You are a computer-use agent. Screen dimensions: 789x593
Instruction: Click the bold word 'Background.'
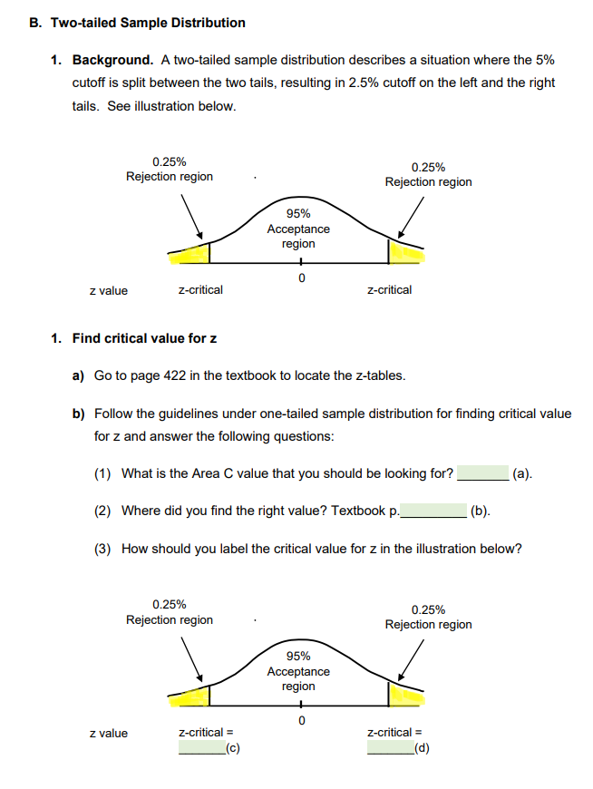tap(112, 60)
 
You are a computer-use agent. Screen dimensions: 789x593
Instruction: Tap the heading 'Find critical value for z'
tap(144, 338)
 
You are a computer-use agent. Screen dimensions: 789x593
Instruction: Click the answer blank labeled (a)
tap(482, 473)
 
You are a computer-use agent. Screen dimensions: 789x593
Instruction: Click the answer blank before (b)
tap(433, 511)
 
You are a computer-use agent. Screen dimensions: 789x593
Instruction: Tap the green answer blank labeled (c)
tap(201, 749)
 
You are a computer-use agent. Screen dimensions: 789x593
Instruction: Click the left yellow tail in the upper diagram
tap(192, 253)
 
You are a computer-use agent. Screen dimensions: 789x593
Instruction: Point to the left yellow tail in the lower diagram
tap(192, 696)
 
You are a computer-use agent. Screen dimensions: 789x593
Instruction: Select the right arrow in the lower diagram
tap(411, 659)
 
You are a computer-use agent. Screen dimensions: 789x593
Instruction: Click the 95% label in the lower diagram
tap(298, 656)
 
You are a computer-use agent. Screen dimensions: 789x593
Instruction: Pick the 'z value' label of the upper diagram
tap(109, 291)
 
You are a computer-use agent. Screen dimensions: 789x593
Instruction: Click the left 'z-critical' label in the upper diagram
tap(200, 290)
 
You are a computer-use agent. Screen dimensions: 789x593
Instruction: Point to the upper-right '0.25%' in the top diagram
tap(428, 167)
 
